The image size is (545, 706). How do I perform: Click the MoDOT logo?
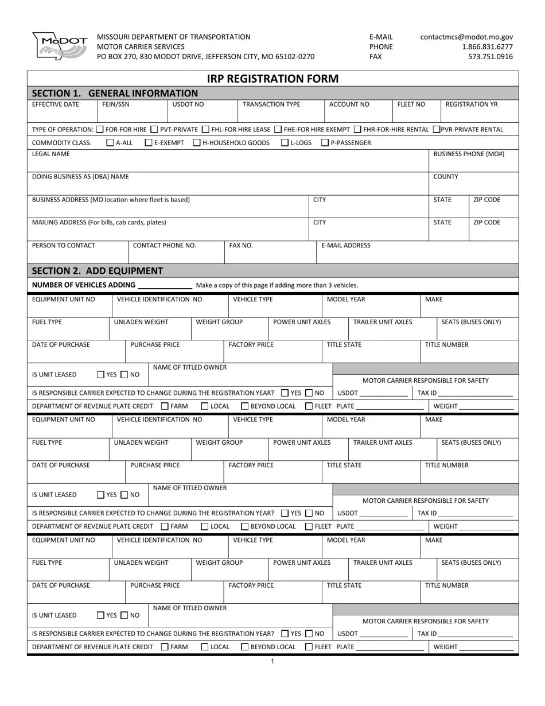coord(60,46)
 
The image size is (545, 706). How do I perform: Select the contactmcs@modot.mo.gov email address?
coord(466,37)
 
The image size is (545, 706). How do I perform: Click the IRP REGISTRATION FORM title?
coord(272,79)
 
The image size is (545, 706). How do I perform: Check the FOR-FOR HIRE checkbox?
coord(100,130)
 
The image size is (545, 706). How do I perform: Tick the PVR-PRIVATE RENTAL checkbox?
coord(437,130)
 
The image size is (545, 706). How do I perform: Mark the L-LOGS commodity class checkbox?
coord(286,143)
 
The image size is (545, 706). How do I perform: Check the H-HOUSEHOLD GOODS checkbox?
coord(197,143)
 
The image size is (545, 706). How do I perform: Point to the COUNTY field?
coord(473,187)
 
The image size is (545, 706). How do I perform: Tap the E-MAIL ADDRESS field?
coord(417,255)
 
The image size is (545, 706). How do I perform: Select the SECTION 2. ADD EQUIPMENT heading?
coord(98,271)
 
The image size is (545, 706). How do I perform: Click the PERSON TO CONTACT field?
coord(77,255)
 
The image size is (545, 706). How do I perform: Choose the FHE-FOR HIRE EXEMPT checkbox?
coord(278,130)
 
